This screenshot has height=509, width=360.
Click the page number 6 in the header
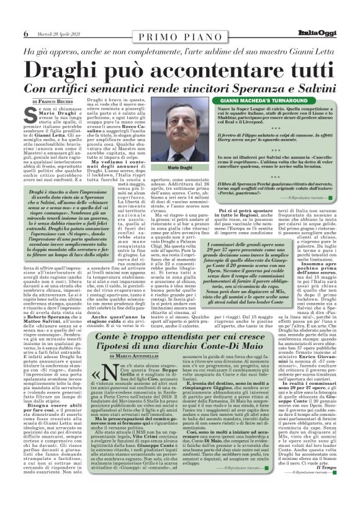(x=25, y=34)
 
